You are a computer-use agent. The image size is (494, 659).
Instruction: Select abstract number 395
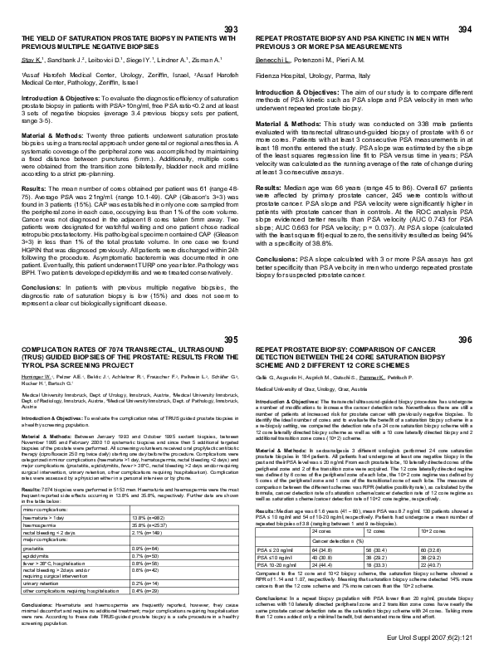click(x=230, y=339)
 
